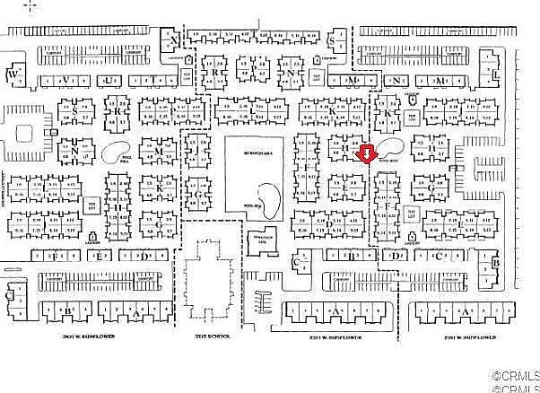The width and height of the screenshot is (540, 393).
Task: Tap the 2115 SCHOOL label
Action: [x=212, y=336]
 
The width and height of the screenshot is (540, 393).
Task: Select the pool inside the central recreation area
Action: [x=267, y=199]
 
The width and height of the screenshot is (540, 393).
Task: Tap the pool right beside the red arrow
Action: [x=388, y=147]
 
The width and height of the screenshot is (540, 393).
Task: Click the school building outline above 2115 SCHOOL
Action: [x=212, y=287]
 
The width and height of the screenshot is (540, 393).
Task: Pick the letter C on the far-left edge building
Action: [x=9, y=293]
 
